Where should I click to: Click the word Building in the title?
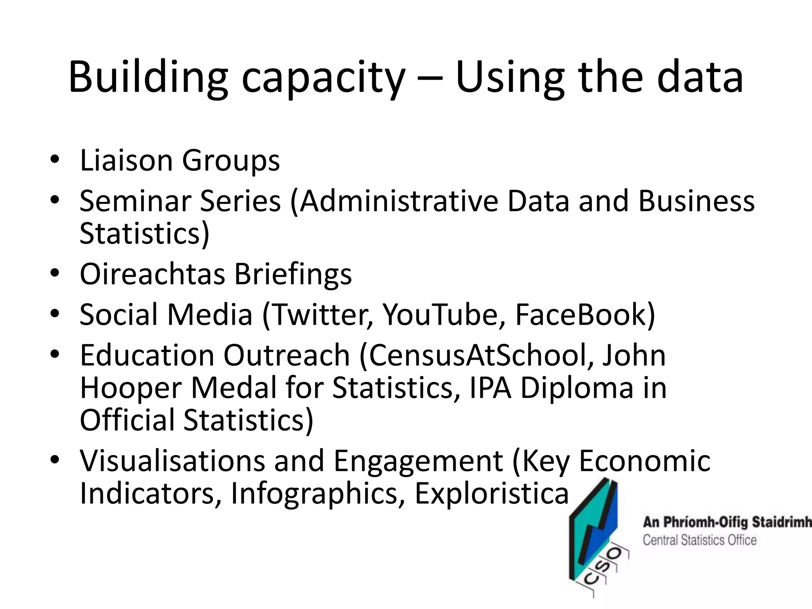pyautogui.click(x=148, y=77)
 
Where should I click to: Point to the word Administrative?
pyautogui.click(x=398, y=201)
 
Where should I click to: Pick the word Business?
pyautogui.click(x=696, y=201)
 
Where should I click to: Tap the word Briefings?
pyautogui.click(x=293, y=275)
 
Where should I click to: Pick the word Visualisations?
pyautogui.click(x=172, y=461)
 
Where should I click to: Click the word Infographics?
pyautogui.click(x=314, y=494)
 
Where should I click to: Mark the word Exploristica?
pyautogui.click(x=492, y=494)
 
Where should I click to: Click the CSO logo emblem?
pyautogui.click(x=596, y=538)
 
